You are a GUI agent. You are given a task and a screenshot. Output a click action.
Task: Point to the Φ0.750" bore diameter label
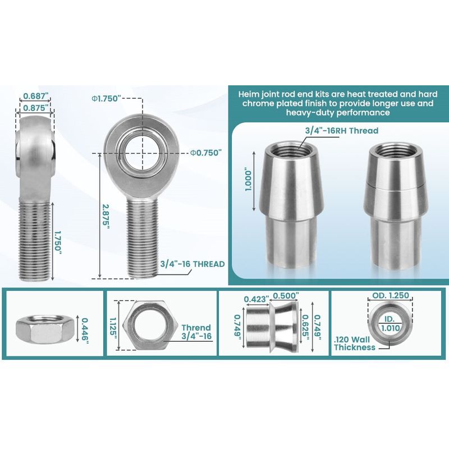point(206,153)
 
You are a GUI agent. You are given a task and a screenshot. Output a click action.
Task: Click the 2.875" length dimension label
point(107,217)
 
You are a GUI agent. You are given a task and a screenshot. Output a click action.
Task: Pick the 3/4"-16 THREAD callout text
point(193,264)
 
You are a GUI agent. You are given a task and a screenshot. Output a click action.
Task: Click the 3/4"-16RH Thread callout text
point(342,131)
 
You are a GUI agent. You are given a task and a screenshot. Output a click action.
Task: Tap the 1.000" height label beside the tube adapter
point(248,181)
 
